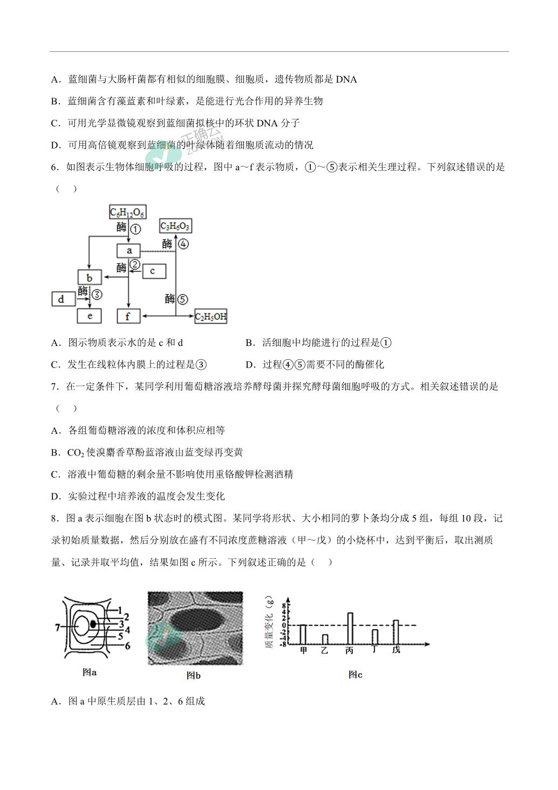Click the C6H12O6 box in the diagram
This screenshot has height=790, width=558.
pos(128,212)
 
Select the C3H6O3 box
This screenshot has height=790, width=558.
pos(175,226)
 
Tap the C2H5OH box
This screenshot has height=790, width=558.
pos(210,316)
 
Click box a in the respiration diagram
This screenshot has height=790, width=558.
pos(128,251)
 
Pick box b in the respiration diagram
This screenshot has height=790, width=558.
pos(90,278)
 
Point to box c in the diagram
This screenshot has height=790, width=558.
pos(154,271)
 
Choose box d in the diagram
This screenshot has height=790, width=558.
pos(64,299)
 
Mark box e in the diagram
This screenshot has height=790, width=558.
pos(90,316)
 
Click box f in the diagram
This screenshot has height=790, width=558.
pos(128,316)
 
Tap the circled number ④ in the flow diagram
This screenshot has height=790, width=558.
pos(183,244)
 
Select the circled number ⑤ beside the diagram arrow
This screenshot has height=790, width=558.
pos(182,299)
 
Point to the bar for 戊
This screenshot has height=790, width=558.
pos(396,632)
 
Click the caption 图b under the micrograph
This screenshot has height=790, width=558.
pos(193,675)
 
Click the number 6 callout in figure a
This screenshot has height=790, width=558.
pos(127,646)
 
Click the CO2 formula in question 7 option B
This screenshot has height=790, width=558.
pos(76,452)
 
